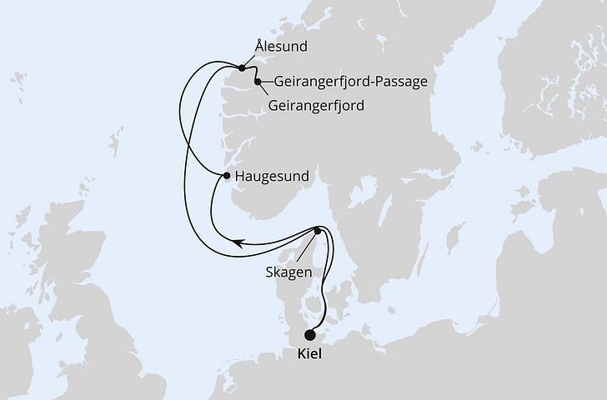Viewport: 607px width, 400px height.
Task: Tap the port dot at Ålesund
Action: click(242, 67)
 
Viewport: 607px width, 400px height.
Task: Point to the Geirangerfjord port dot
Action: click(258, 82)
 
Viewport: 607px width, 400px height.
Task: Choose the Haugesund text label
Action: click(273, 176)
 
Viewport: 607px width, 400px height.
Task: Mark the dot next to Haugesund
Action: click(227, 176)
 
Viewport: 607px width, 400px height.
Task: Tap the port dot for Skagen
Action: click(318, 231)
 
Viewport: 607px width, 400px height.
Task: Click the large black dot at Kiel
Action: click(310, 336)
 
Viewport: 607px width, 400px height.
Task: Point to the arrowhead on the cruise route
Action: click(238, 243)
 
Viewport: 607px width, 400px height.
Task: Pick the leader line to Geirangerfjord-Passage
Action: click(265, 82)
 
